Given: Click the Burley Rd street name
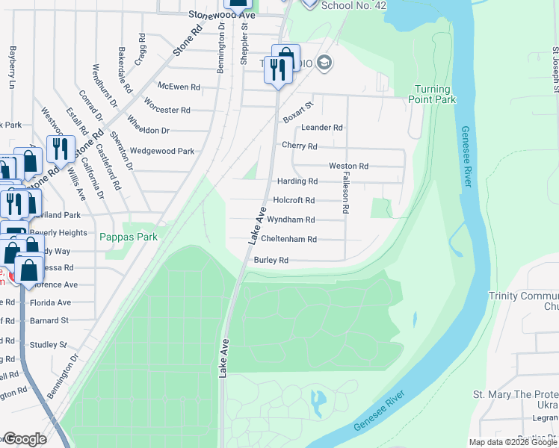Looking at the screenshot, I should tap(271, 261).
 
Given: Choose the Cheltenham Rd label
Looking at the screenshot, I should tap(289, 240).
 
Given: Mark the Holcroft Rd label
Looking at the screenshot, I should tap(294, 200).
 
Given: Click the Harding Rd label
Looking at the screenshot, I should tap(297, 181).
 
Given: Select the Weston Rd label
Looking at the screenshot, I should tap(348, 166).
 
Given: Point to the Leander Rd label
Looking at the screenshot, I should tap(321, 128).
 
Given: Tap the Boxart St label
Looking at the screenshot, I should tap(297, 113).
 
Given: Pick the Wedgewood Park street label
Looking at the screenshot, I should tap(162, 151).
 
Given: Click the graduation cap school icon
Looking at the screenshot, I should tap(324, 63).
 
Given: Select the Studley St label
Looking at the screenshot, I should tap(49, 345).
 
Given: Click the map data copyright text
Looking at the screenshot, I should tap(513, 442).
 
